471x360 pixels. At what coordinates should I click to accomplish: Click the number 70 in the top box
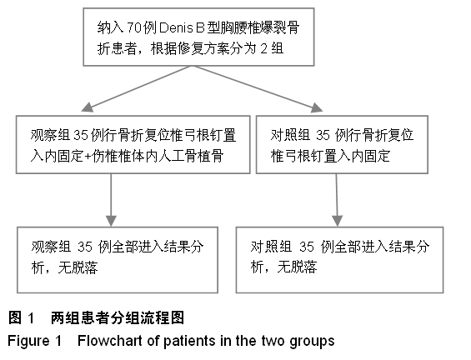pyautogui.click(x=134, y=27)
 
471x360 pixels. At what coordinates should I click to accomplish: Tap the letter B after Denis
pyautogui.click(x=200, y=27)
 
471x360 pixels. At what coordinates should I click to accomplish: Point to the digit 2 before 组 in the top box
pyautogui.click(x=263, y=48)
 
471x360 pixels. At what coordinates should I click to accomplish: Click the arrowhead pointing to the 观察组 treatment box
pyautogui.click(x=88, y=107)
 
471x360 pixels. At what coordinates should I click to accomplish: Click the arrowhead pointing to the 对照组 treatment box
pyautogui.click(x=317, y=107)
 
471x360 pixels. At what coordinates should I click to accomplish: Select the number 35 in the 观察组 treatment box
pyautogui.click(x=81, y=135)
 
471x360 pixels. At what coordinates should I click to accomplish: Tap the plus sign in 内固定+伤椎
pyautogui.click(x=88, y=157)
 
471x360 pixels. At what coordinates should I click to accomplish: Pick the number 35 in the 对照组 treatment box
pyautogui.click(x=323, y=135)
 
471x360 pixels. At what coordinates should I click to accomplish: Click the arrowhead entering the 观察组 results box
pyautogui.click(x=111, y=221)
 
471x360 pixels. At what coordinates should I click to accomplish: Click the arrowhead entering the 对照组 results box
pyautogui.click(x=338, y=221)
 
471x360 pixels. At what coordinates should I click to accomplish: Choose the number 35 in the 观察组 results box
pyautogui.click(x=85, y=247)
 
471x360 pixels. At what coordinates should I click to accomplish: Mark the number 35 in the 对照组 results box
pyautogui.click(x=307, y=247)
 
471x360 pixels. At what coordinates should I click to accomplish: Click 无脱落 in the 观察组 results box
pyautogui.click(x=78, y=267)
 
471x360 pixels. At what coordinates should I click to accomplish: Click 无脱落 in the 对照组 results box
pyautogui.click(x=297, y=267)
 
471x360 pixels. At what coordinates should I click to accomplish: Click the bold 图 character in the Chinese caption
pyautogui.click(x=15, y=317)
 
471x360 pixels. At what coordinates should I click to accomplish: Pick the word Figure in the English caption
pyautogui.click(x=28, y=342)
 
